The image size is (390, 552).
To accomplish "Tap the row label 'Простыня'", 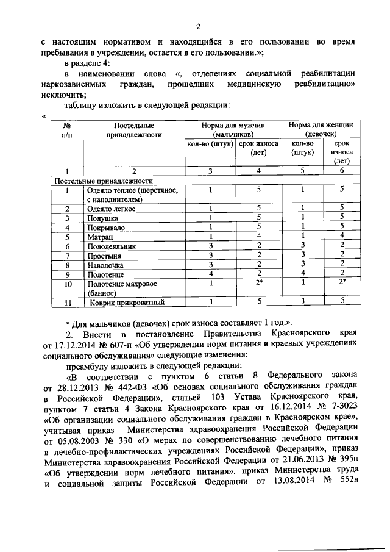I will [104, 256].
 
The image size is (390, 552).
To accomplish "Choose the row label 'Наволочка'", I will [106, 265].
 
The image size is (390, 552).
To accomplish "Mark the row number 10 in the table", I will [68, 284].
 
